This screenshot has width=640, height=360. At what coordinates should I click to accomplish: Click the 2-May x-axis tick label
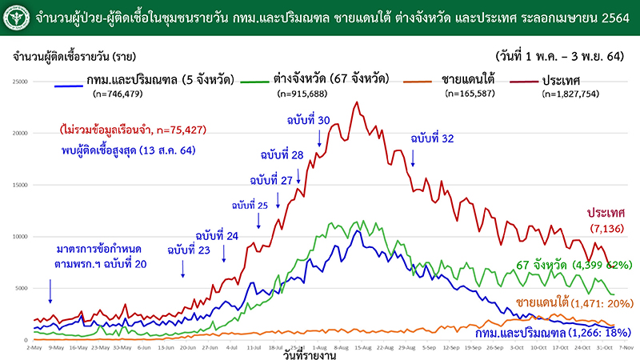click(x=33, y=348)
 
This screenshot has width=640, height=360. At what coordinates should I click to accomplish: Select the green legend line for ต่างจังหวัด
click(x=259, y=82)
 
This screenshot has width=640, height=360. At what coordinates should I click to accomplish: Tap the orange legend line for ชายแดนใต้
click(x=419, y=82)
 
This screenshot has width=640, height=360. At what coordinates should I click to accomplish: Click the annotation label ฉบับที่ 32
click(x=432, y=138)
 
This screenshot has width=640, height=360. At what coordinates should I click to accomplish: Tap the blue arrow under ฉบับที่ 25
click(x=259, y=222)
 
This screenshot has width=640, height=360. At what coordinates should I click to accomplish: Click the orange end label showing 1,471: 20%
click(x=574, y=304)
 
